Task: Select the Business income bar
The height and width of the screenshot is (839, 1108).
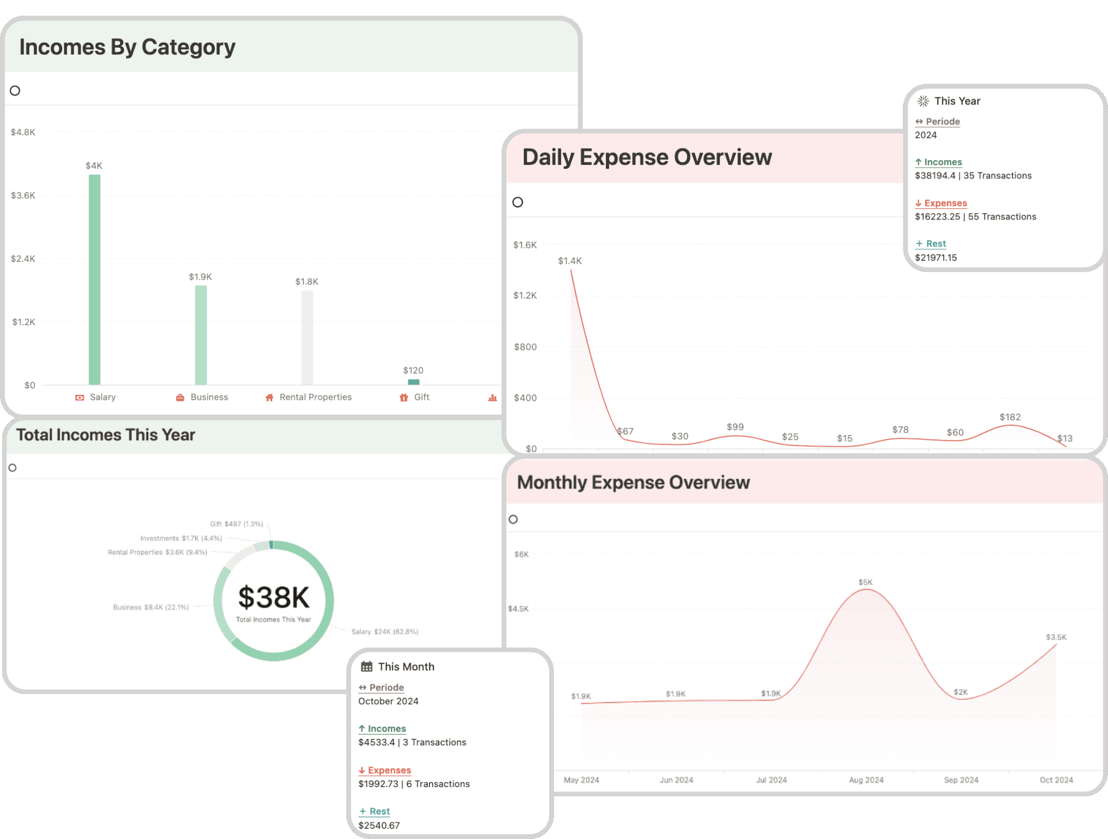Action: (x=201, y=335)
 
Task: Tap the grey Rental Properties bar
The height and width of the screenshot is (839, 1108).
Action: (x=307, y=338)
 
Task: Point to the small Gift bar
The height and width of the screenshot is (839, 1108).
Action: (x=413, y=382)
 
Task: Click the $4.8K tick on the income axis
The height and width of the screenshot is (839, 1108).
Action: (x=23, y=132)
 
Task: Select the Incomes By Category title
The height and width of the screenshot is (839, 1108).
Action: (x=127, y=47)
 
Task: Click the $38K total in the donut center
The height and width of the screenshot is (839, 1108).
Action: (x=274, y=598)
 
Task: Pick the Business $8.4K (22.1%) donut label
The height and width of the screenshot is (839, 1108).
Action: (x=151, y=607)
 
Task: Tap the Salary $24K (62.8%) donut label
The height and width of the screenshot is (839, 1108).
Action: (x=385, y=632)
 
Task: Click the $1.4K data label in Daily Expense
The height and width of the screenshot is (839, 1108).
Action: (x=570, y=261)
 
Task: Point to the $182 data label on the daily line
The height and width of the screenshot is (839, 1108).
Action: (x=1010, y=417)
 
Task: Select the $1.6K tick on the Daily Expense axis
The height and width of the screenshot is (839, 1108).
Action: (x=525, y=245)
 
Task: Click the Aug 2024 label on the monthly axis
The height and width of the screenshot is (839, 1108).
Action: (x=866, y=780)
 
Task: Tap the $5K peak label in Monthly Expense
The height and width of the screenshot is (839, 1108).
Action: (x=865, y=582)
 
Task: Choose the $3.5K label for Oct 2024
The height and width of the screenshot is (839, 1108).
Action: (x=1056, y=637)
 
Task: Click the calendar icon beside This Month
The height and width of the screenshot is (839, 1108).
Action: (x=367, y=666)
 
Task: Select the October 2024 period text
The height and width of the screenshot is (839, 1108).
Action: (x=388, y=701)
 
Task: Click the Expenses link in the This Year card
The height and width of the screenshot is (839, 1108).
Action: (x=945, y=203)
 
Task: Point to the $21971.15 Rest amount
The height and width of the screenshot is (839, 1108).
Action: (x=936, y=257)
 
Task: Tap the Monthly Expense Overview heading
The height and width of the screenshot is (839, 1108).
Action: (x=634, y=483)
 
